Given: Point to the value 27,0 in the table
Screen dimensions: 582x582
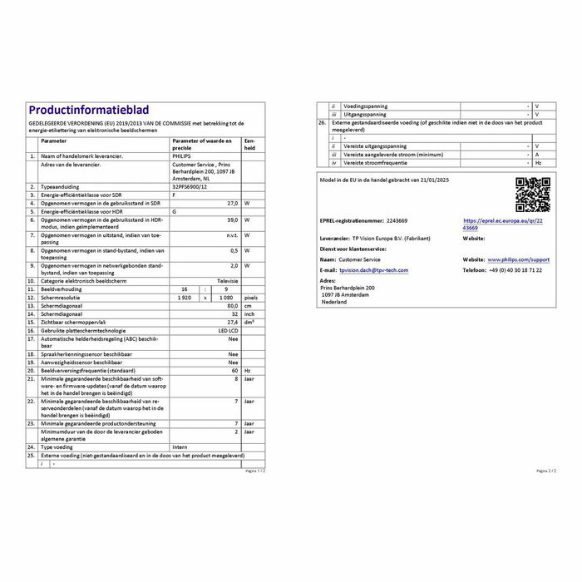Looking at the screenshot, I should point(234,203).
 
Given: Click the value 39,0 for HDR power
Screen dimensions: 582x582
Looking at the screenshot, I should point(234,219).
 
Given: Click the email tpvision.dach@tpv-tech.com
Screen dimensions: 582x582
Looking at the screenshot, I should point(374,270).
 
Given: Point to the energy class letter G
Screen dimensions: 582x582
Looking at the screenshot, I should point(174,211).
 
